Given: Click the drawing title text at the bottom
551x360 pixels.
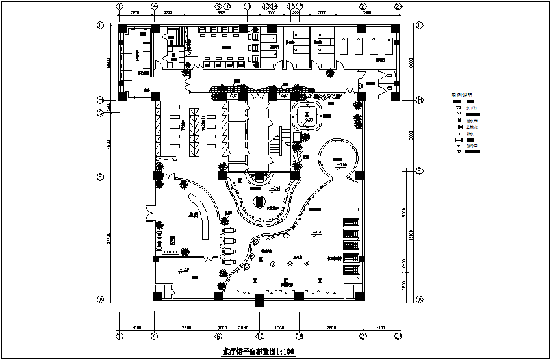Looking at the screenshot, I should coord(259,352).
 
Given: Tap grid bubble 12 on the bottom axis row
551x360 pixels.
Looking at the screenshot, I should coord(259,336).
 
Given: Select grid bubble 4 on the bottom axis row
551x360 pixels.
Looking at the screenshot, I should coord(154,336).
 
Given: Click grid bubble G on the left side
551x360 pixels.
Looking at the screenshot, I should coord(101,112).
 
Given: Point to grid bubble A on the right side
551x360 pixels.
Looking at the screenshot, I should coord(419,300).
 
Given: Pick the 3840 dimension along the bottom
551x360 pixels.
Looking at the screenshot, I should coord(243,328).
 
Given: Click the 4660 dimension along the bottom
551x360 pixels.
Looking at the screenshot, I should coord(279,328).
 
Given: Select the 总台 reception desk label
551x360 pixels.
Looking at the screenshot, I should coord(193,212).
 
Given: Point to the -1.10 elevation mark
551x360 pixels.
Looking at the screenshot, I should coord(184,270).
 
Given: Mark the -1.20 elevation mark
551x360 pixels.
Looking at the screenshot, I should coord(317,232).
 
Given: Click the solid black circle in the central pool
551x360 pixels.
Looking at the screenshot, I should coord(259,201).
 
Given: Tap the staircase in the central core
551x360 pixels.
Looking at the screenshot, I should coord(284,137).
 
